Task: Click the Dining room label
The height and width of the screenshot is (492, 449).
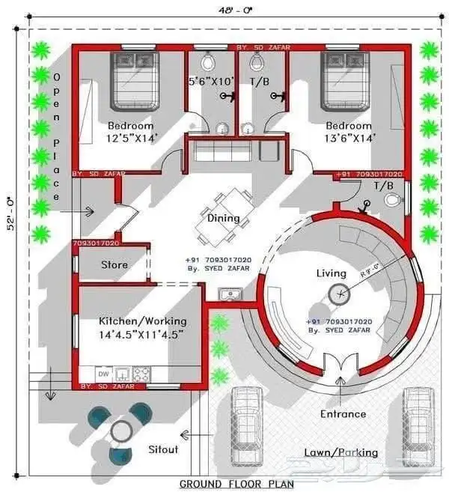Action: [223, 219]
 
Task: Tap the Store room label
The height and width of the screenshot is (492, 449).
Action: [114, 264]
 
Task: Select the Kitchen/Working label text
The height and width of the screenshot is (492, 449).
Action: [141, 321]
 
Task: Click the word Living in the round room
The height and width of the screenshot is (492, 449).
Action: [332, 273]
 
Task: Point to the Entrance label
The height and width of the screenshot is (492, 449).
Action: [343, 413]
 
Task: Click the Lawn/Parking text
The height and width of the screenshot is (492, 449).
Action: [340, 452]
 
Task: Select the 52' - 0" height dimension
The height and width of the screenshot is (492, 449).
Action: [11, 213]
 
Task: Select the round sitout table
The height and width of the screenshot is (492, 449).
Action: [120, 430]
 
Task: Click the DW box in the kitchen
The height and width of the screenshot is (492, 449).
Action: [103, 372]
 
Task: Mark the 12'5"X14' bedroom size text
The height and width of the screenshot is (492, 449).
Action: [130, 138]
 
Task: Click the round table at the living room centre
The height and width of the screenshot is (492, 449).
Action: [341, 294]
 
